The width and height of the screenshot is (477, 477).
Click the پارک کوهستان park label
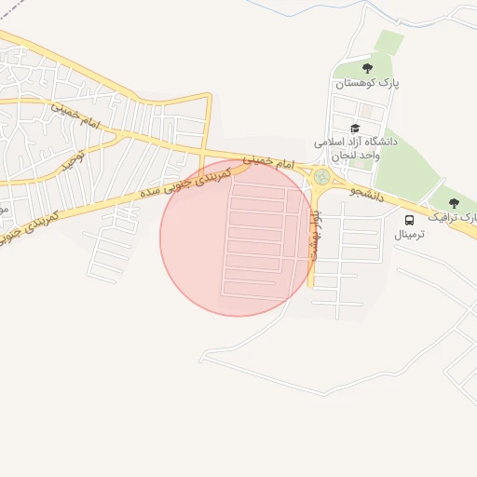click(367, 83)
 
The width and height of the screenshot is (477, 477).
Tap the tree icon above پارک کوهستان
click(367, 67)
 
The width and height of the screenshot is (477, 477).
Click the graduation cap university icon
click(354, 128)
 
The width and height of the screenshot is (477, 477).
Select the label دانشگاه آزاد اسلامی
click(356, 142)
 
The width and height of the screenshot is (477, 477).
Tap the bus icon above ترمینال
click(410, 220)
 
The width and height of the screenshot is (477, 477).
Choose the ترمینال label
click(410, 234)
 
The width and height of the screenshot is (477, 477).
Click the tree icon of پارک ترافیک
click(455, 203)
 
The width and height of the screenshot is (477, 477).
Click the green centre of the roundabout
click(321, 176)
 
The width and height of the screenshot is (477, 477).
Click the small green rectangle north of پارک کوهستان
click(389, 42)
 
